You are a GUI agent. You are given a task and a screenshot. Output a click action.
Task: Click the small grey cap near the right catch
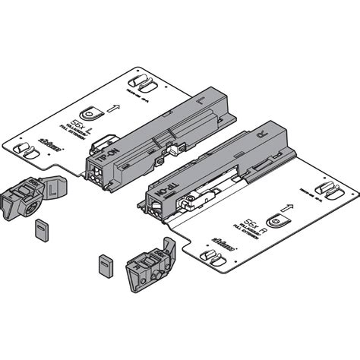pos(103,266)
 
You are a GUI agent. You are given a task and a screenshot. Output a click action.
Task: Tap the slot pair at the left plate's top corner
pos(138,81)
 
